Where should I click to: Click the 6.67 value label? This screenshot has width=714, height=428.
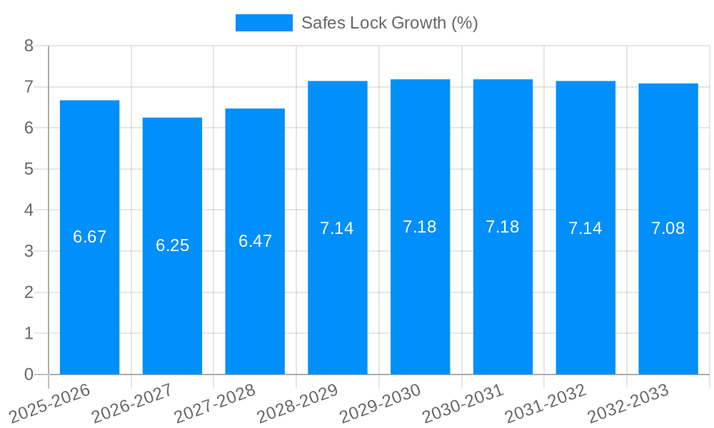[89, 237]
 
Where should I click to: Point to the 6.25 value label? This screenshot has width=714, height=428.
[172, 245]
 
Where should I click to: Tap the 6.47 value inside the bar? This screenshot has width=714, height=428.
[255, 241]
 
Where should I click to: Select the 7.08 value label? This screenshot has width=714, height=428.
[668, 228]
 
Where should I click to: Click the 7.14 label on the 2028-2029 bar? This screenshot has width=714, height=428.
[337, 228]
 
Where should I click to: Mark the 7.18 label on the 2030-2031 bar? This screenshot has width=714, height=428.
[503, 227]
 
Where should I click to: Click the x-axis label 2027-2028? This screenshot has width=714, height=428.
[215, 403]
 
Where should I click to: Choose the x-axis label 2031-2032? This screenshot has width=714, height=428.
[545, 403]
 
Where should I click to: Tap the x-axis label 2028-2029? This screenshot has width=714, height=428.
[298, 403]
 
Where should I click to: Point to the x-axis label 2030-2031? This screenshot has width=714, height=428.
[463, 403]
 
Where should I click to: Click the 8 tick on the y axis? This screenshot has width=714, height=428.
[29, 46]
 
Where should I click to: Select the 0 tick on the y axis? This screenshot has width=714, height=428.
[29, 374]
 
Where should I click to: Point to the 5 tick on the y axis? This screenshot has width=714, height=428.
[29, 169]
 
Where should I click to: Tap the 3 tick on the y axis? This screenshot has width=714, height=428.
[29, 251]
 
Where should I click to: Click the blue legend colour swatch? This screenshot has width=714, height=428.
[263, 23]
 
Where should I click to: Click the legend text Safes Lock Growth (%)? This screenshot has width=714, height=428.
[389, 23]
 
